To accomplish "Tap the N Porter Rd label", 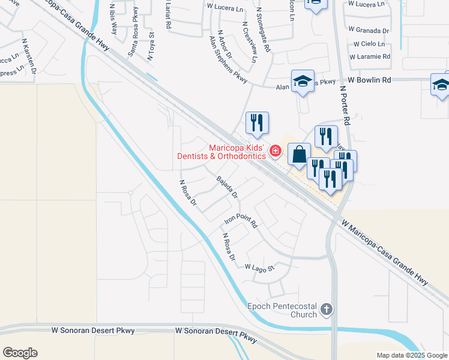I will [x=345, y=104].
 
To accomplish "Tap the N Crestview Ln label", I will [x=250, y=43].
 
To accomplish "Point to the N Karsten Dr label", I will [x=29, y=57].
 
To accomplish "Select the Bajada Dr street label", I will [x=228, y=187].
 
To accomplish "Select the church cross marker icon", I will [x=326, y=310].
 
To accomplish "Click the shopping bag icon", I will [x=299, y=155].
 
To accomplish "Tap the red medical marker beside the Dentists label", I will [x=275, y=151].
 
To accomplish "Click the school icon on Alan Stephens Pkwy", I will [x=303, y=81].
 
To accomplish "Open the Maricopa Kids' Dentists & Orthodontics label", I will [x=221, y=152].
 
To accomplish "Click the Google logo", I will [x=20, y=353].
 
